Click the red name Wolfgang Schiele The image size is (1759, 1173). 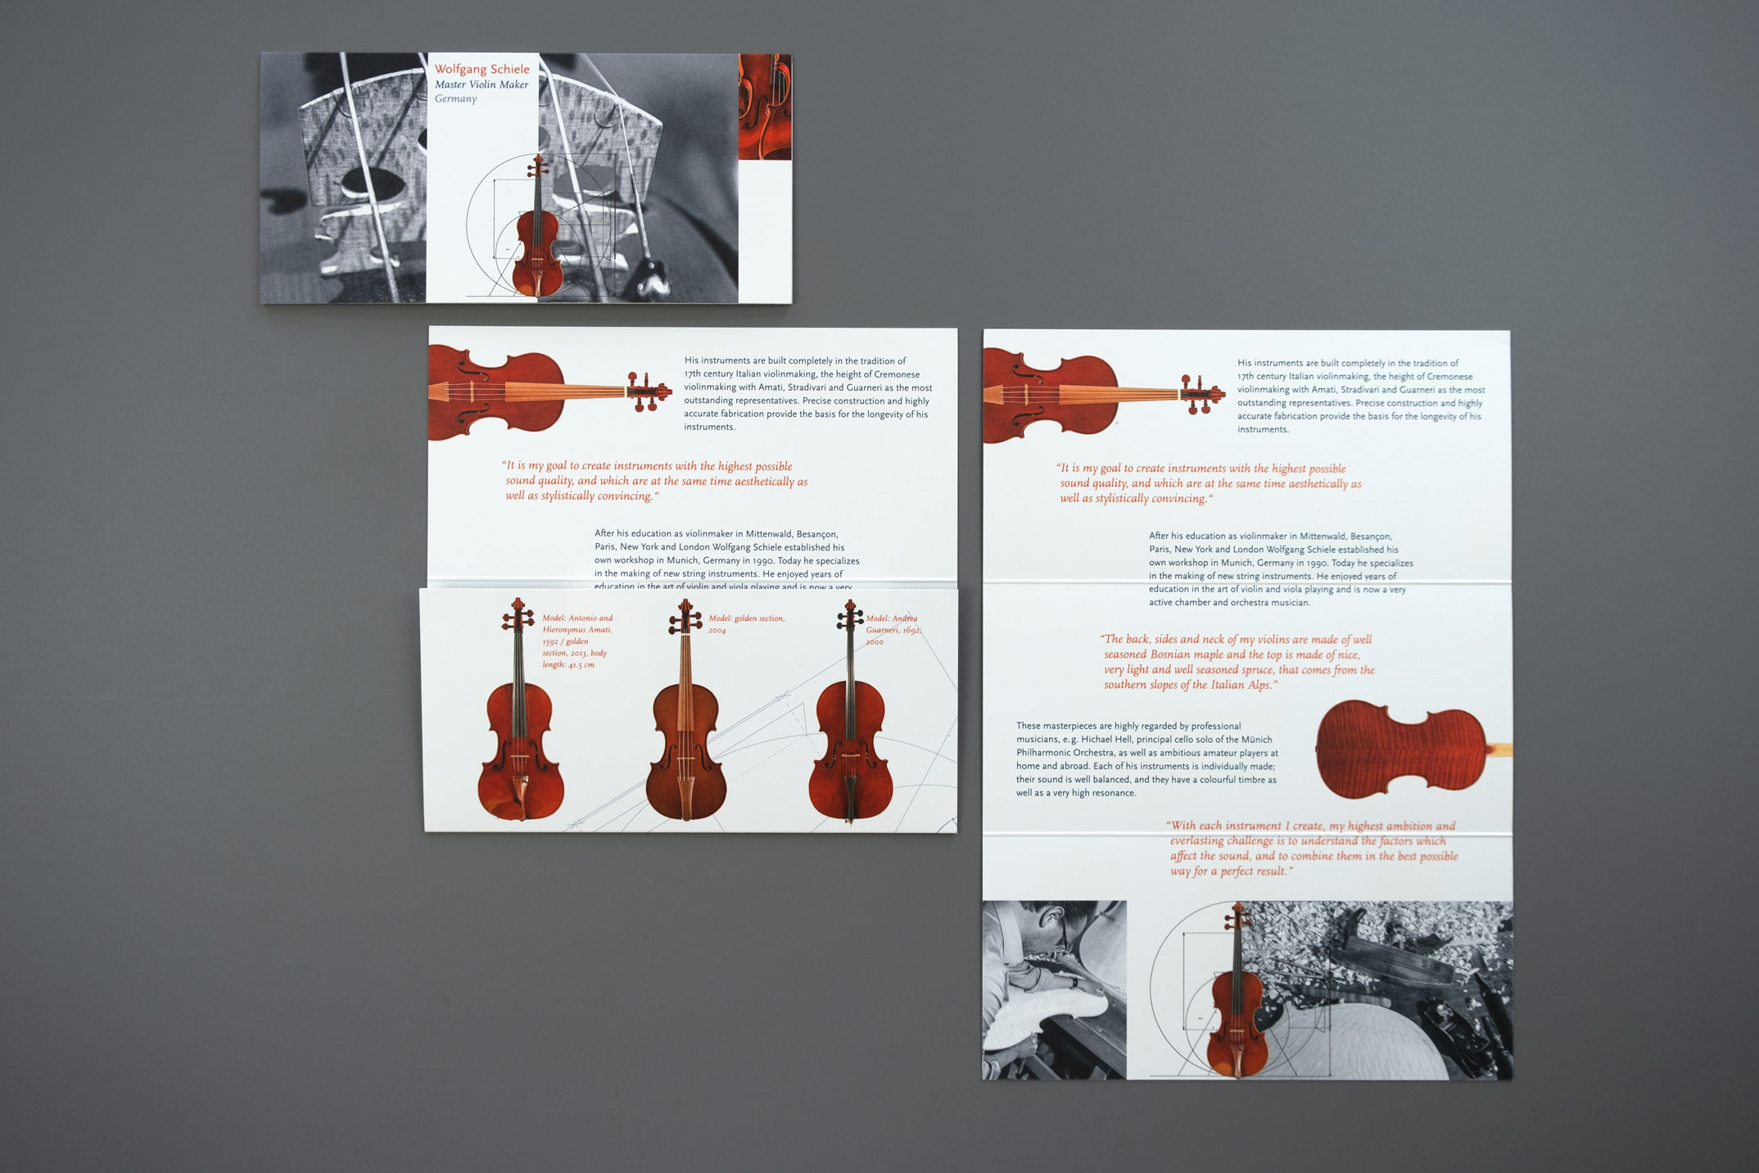482,70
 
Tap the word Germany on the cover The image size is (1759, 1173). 455,99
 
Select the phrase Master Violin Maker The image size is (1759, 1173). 482,84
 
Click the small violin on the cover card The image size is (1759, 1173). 536,238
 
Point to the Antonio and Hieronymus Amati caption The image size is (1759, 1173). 578,641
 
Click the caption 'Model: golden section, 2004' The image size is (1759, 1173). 746,624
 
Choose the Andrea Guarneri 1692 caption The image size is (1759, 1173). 893,630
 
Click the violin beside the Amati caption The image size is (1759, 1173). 519,737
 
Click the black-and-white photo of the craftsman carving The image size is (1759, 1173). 1053,989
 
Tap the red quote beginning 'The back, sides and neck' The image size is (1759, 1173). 1238,662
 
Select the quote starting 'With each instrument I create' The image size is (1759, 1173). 1314,849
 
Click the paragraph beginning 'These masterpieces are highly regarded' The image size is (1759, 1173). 1146,759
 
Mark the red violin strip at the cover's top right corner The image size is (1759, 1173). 764,106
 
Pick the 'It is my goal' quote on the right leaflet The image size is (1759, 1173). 1209,483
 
